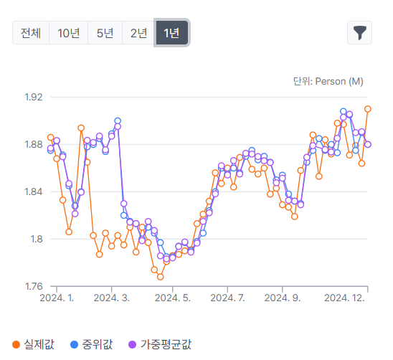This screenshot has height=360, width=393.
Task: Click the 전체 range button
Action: (x=31, y=33)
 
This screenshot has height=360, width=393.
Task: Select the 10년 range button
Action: (x=68, y=33)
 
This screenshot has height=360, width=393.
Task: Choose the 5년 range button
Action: (x=105, y=33)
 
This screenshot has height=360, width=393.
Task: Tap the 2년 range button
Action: (x=138, y=33)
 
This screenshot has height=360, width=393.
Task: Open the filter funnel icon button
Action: (x=359, y=33)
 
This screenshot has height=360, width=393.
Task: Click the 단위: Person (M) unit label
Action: (x=328, y=82)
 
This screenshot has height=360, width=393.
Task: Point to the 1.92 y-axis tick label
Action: (x=34, y=97)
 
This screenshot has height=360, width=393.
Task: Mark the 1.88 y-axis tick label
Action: (x=34, y=144)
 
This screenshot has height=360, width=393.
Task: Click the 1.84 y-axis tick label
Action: (x=34, y=191)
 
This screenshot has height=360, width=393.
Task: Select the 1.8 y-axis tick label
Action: (x=37, y=240)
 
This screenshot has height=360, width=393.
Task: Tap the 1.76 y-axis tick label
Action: (x=34, y=286)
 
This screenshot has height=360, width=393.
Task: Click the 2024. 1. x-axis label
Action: (x=57, y=298)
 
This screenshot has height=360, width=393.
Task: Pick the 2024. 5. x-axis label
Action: (x=172, y=298)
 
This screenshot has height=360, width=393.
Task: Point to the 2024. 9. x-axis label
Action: (x=283, y=298)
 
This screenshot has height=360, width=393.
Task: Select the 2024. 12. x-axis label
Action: (x=344, y=298)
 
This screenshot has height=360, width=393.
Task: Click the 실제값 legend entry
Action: (x=33, y=344)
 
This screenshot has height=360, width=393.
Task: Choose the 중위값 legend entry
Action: (x=92, y=344)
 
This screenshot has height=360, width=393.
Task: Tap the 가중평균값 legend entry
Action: (x=160, y=344)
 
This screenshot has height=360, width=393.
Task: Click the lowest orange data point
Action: (x=161, y=277)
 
